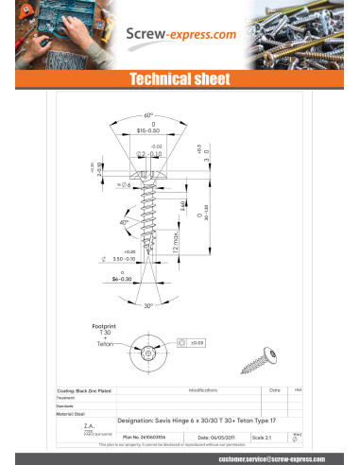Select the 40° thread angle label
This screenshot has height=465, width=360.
[x=124, y=222]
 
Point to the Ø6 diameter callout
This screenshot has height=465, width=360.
[x=126, y=186]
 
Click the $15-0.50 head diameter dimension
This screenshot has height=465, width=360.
[x=148, y=129]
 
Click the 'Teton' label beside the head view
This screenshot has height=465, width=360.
[x=107, y=347]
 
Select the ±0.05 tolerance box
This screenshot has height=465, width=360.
[x=196, y=342]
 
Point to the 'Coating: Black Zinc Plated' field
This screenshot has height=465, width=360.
[x=85, y=389]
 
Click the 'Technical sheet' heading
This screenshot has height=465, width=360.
[x=180, y=81]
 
